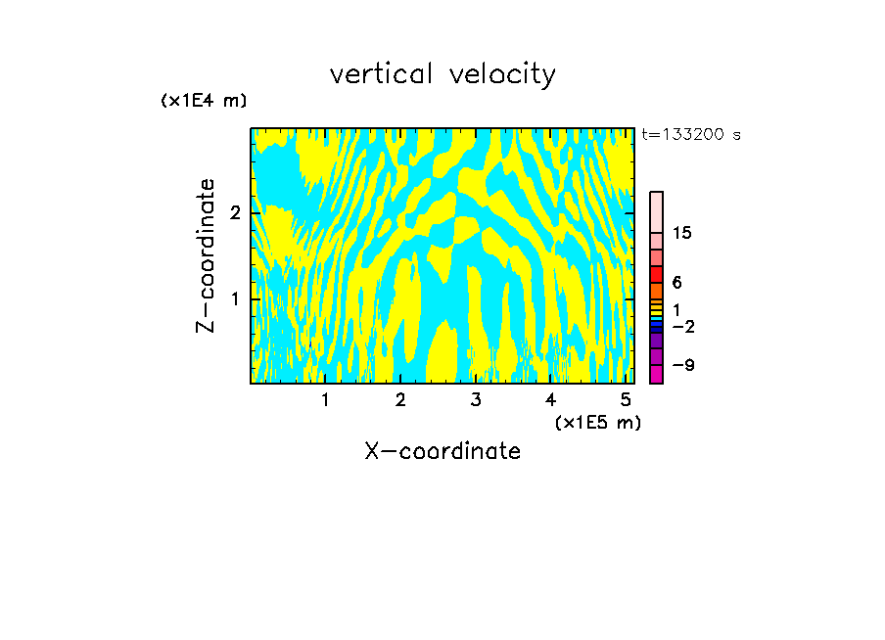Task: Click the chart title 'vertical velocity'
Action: point(442,74)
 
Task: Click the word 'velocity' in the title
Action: point(502,74)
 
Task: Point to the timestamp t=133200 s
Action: point(690,135)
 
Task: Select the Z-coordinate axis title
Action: point(206,255)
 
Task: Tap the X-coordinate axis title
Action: point(442,451)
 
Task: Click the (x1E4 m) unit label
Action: point(204,101)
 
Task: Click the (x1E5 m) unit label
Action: point(597,422)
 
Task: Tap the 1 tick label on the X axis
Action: point(325,399)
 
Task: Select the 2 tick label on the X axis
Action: point(400,399)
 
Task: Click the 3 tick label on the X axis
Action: point(476,399)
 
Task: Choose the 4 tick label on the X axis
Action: point(551,399)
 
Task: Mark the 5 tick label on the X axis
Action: point(626,399)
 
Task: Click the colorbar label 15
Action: point(682,233)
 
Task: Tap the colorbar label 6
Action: point(677,283)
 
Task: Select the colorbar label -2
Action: point(682,327)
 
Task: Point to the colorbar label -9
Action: point(682,366)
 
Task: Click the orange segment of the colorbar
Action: point(656,291)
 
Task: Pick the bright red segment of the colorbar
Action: point(656,274)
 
